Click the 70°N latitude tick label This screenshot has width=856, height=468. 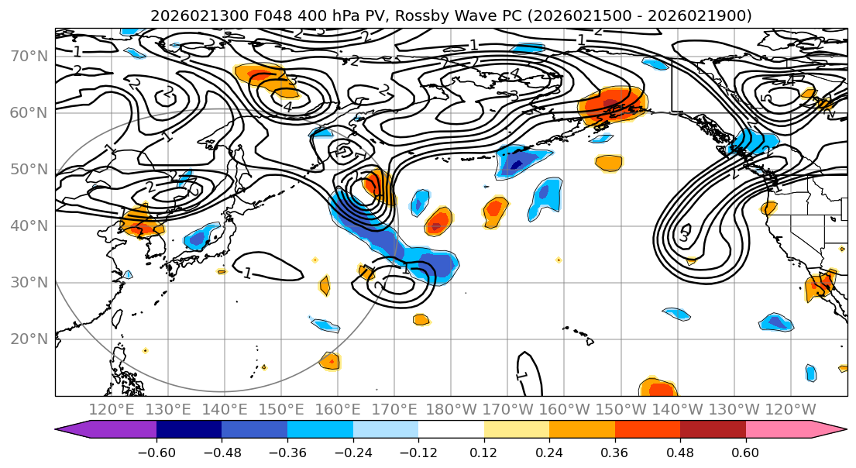coord(29,56)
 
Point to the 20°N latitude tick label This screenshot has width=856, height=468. coord(29,339)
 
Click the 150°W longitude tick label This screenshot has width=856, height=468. coord(621,409)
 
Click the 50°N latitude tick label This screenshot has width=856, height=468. coord(29,169)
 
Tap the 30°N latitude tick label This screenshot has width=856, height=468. coord(29,282)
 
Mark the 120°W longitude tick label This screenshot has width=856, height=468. coord(790,409)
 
